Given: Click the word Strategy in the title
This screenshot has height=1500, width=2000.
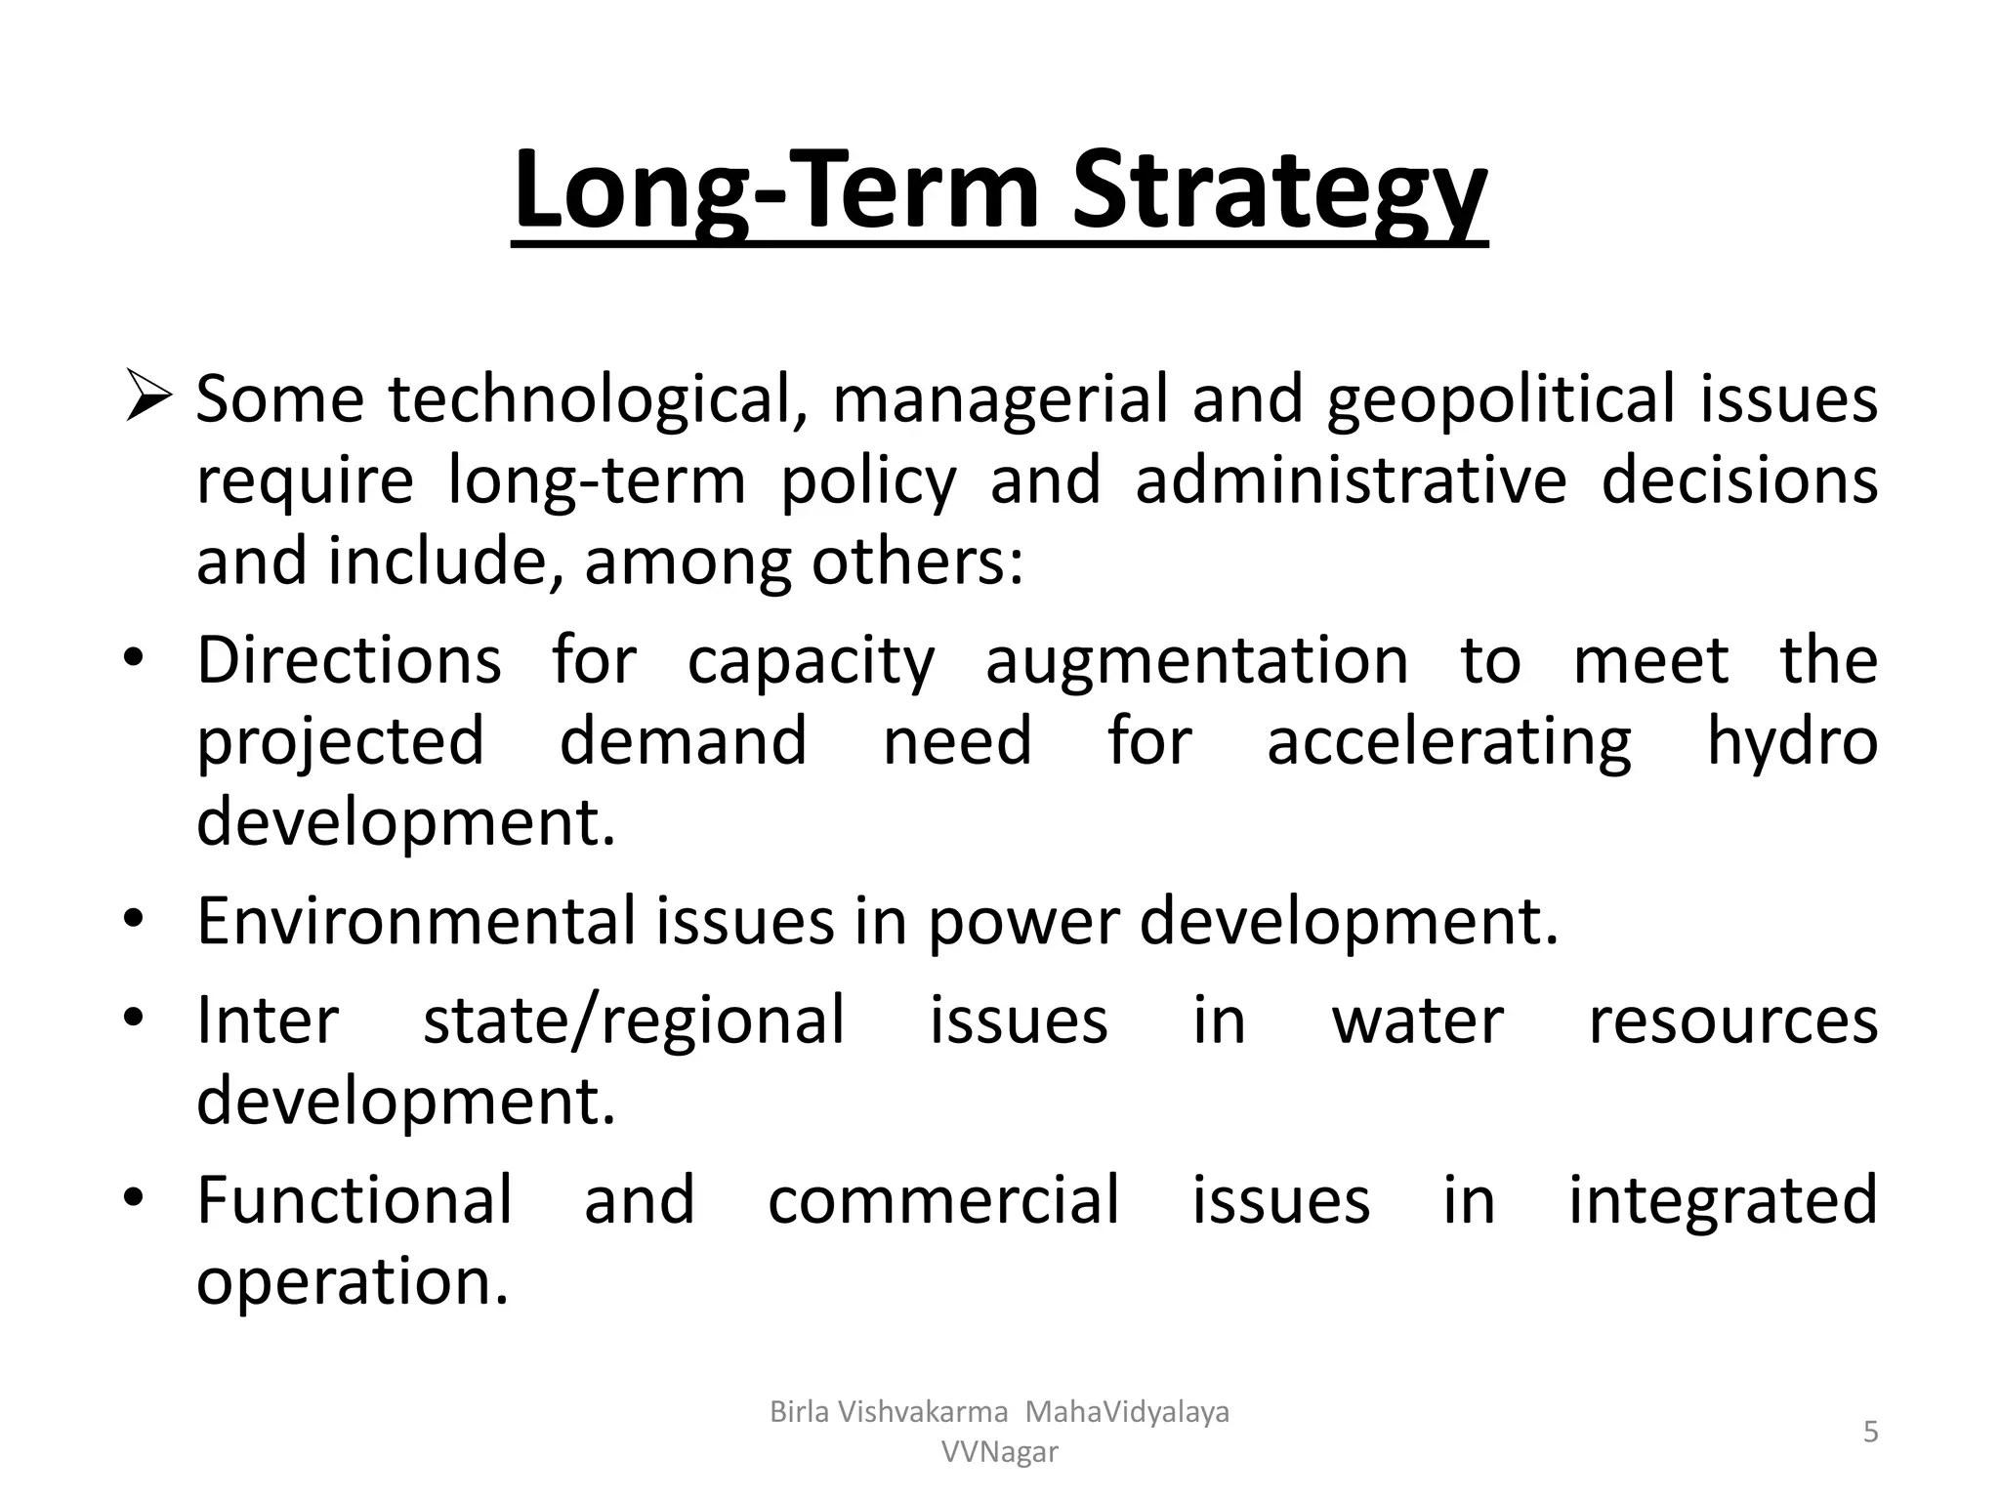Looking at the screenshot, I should pos(1279,192).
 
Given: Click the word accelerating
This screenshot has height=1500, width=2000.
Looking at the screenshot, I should pos(1448,740).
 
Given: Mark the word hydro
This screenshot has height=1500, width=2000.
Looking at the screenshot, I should pos(1792,740).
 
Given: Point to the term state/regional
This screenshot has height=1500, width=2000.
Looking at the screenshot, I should pos(634,1020).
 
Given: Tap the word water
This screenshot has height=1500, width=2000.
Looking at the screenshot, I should pos(1417,1020).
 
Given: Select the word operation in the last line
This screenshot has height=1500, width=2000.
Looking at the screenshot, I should pos(353,1280).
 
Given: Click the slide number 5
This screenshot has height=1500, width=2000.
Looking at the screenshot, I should pos(1870,1432).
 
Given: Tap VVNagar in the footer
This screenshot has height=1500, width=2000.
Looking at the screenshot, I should pos(999,1452).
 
